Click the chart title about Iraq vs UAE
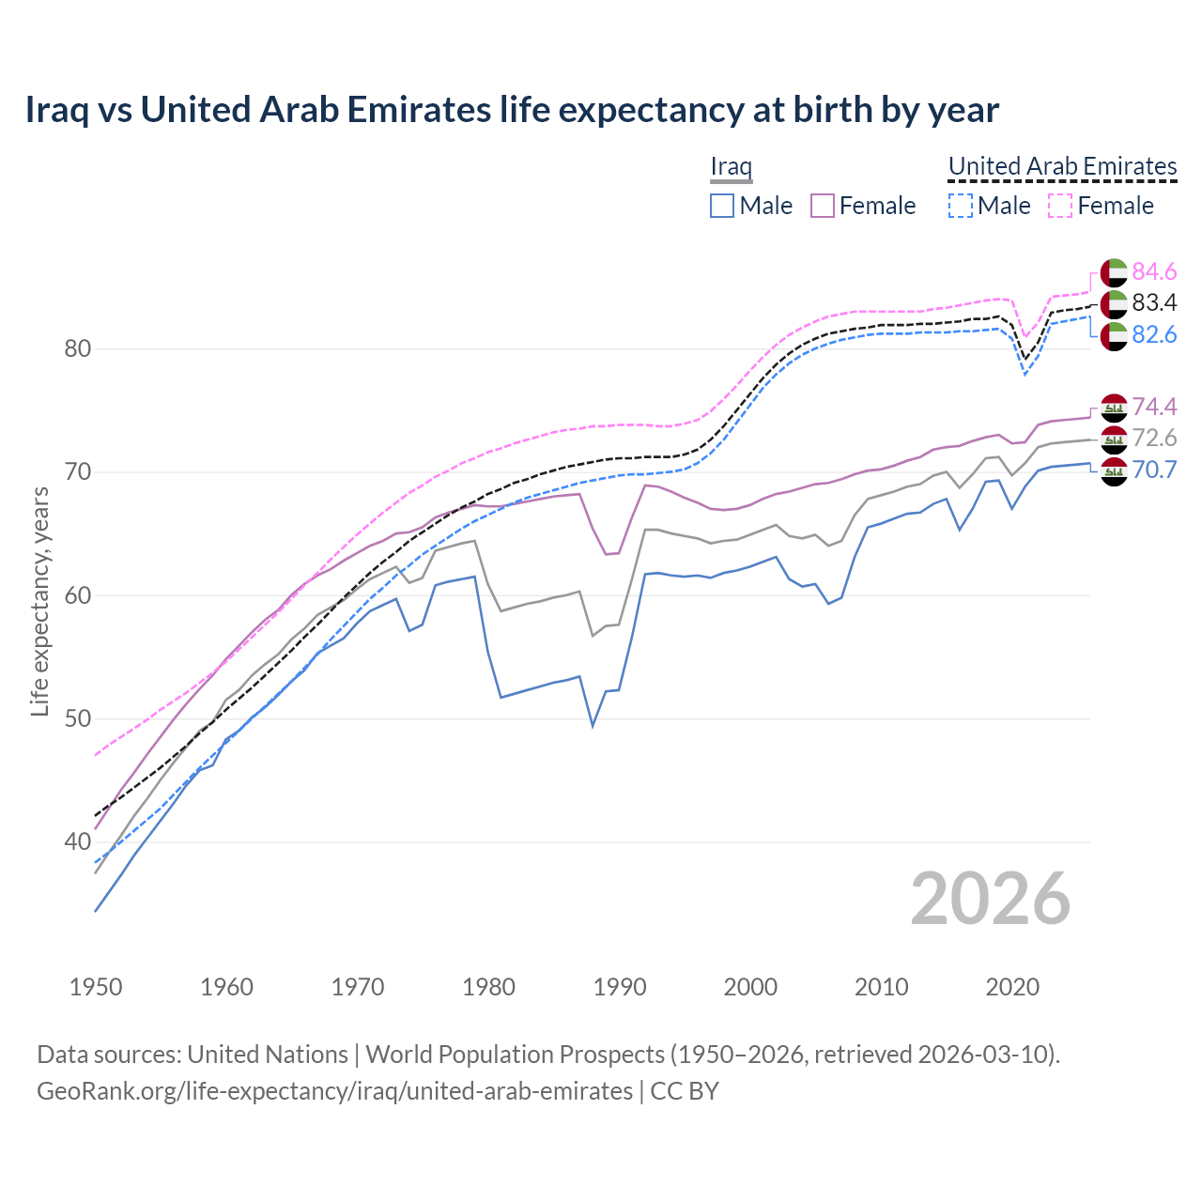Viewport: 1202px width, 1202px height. [x=512, y=110]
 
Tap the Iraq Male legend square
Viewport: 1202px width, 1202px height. [x=721, y=206]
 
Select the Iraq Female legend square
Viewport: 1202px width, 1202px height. [x=822, y=206]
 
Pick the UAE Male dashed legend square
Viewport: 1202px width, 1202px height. [x=960, y=206]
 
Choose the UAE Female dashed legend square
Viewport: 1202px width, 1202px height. [x=1059, y=206]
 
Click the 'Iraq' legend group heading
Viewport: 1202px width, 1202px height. [x=731, y=167]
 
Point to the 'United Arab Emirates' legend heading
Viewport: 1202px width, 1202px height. [x=1062, y=166]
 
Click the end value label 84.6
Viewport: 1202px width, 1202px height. [x=1154, y=271]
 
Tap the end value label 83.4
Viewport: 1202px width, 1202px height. [x=1154, y=302]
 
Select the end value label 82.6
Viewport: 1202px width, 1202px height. [x=1154, y=334]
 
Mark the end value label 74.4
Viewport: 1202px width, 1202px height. [x=1154, y=407]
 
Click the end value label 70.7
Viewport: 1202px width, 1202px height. [x=1154, y=470]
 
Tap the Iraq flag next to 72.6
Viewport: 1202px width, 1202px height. [x=1114, y=439]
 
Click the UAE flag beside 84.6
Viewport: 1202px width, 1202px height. [x=1114, y=272]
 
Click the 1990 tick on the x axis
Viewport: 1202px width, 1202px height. [x=620, y=987]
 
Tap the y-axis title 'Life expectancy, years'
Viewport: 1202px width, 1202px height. [x=39, y=601]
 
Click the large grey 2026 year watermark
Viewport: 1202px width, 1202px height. [x=990, y=899]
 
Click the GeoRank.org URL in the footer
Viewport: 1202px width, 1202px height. [x=334, y=1091]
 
